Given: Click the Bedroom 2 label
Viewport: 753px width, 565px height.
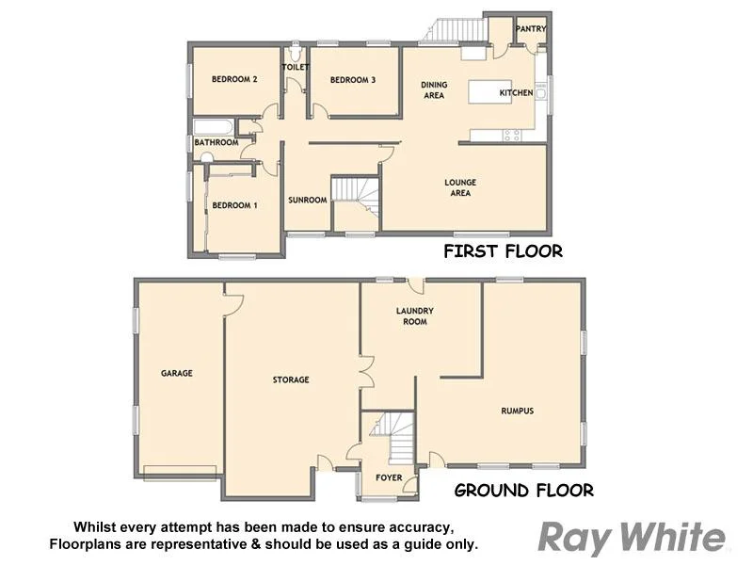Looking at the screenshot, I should (x=234, y=80).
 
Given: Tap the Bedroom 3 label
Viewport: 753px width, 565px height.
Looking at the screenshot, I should (x=353, y=80).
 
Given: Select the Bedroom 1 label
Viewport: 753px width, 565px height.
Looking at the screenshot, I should (x=234, y=205).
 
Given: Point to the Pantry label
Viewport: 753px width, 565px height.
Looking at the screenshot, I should (x=531, y=29).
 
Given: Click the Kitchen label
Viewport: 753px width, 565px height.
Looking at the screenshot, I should (x=516, y=93).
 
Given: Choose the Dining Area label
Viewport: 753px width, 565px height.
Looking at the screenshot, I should (x=433, y=89).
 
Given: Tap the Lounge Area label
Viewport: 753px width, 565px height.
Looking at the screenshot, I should (x=460, y=188).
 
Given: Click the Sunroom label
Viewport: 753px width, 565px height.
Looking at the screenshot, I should (x=308, y=200).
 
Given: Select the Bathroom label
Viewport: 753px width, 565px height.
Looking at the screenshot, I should (x=216, y=143).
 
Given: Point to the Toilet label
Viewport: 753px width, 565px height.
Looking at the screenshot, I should (x=296, y=68).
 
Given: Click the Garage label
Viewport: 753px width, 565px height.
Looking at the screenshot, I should (x=176, y=374).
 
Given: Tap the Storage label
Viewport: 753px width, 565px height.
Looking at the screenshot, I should (x=291, y=379).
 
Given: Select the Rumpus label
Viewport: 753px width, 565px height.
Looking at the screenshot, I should (x=517, y=411).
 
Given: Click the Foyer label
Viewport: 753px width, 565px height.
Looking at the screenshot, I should (x=389, y=478).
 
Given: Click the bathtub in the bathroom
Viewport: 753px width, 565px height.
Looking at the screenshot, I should (x=213, y=127).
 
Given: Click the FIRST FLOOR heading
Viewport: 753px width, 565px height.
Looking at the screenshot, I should (x=503, y=251).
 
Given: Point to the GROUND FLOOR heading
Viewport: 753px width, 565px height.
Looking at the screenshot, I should (x=523, y=491).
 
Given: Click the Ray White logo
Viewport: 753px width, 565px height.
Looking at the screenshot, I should (x=632, y=538).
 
